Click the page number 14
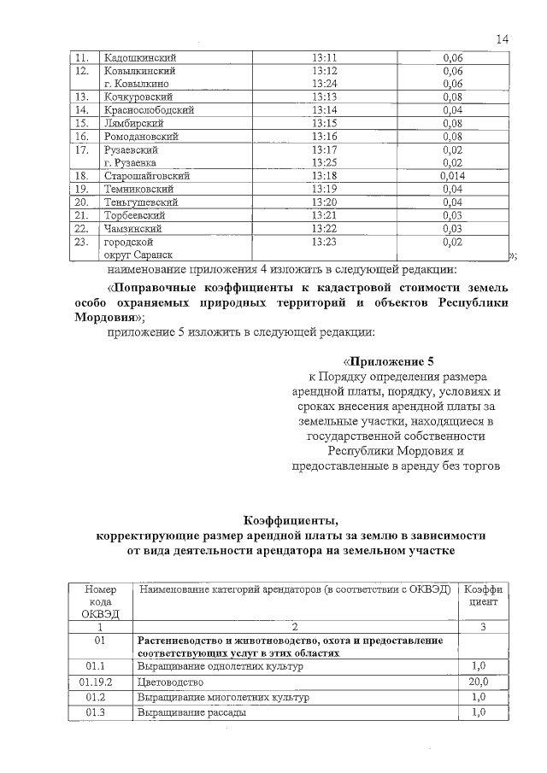coord(502,38)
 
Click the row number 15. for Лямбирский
coord(83,124)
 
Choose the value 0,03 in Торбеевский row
coord(452,215)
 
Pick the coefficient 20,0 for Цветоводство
coord(479,682)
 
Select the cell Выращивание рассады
coord(191,712)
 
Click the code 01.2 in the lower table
coord(96,697)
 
